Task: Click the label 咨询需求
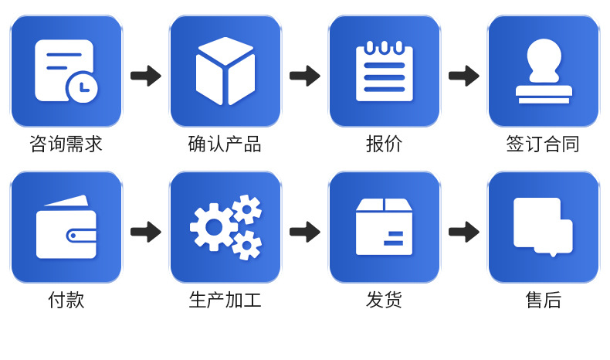(66, 144)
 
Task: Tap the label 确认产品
(225, 144)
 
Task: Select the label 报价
(384, 144)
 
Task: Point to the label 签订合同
(543, 144)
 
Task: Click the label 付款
(66, 300)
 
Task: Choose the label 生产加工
(225, 300)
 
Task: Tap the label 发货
(384, 300)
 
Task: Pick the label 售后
(543, 300)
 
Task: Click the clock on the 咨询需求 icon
(82, 87)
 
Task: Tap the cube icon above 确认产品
(225, 71)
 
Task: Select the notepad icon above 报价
(384, 71)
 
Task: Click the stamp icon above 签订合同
(544, 71)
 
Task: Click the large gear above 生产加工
(213, 227)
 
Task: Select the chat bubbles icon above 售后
(542, 226)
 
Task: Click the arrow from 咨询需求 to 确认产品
(145, 76)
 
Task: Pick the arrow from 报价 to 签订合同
(463, 76)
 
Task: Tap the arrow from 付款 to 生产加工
(145, 232)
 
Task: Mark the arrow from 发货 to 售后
(463, 232)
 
